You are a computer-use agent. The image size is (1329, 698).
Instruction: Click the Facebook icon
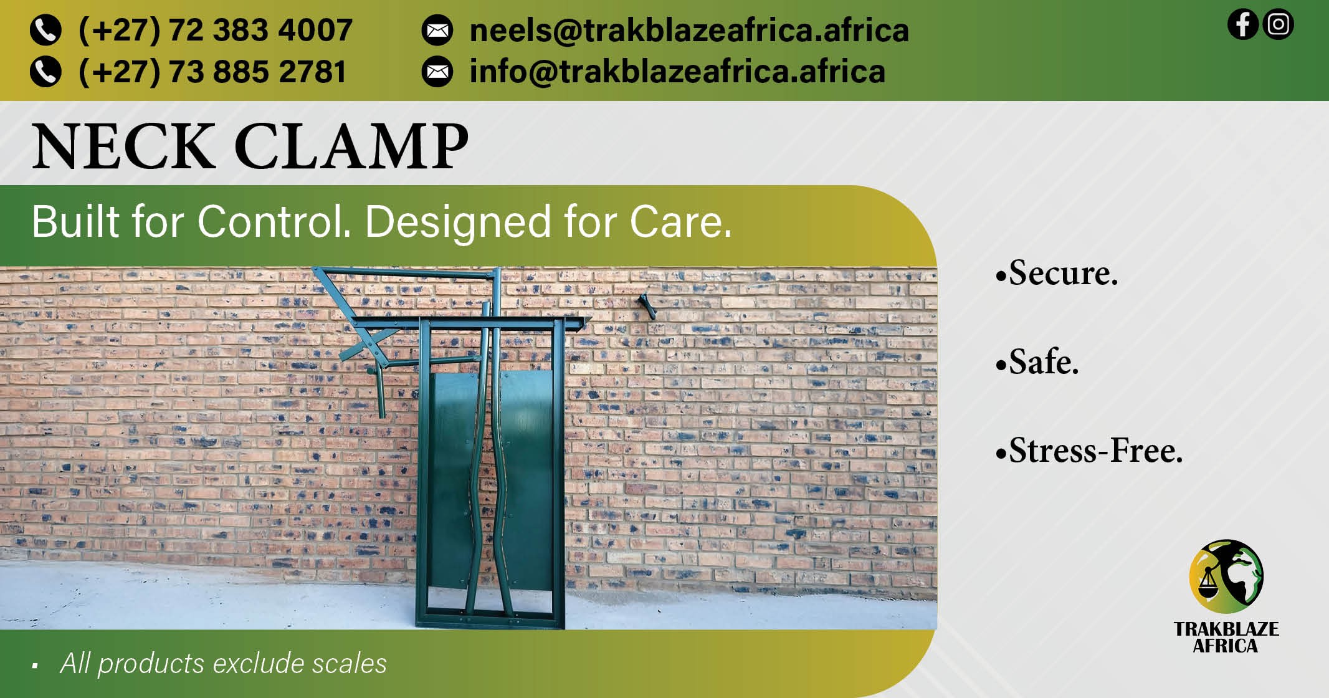coord(1242,24)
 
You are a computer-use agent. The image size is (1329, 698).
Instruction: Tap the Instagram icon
coord(1279,24)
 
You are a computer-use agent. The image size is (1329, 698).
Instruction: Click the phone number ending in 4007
coord(216,30)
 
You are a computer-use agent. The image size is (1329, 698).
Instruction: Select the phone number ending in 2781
coord(212,72)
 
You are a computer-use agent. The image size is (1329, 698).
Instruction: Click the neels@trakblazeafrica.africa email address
coord(689,31)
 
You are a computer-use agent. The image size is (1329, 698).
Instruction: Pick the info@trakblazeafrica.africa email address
coord(677,72)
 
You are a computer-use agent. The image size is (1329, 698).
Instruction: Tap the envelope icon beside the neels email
coord(437,31)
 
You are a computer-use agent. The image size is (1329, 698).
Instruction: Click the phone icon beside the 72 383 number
coord(45,31)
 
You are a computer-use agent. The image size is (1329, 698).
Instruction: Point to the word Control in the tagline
coord(275,221)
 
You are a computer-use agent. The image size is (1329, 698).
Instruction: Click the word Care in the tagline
coord(680,222)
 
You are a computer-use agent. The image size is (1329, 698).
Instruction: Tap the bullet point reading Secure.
coord(1057,273)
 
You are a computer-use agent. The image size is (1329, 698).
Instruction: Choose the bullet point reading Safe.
coord(1037,361)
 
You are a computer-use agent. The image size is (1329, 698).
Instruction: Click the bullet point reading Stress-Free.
coord(1089,450)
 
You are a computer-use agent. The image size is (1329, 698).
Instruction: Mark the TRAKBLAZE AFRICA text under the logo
coord(1226,638)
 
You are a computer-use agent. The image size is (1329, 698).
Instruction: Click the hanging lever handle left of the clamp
coord(378,392)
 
